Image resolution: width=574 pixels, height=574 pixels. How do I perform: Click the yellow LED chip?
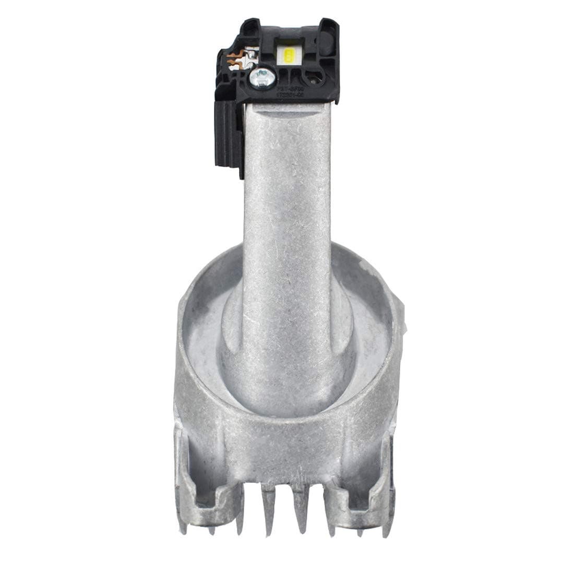[x=289, y=55]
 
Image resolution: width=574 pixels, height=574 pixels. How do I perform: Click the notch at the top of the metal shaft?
[x=288, y=107]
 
